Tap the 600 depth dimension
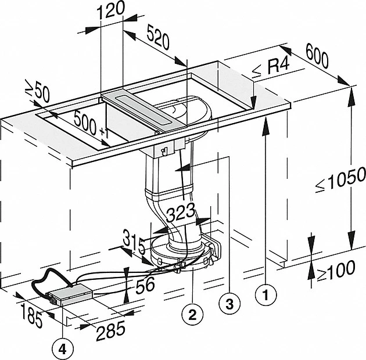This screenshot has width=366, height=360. (317, 60)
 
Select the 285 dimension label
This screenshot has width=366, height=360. (110, 329)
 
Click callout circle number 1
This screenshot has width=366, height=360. (265, 294)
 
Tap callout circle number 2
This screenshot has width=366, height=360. (192, 315)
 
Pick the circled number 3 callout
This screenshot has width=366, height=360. (229, 302)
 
